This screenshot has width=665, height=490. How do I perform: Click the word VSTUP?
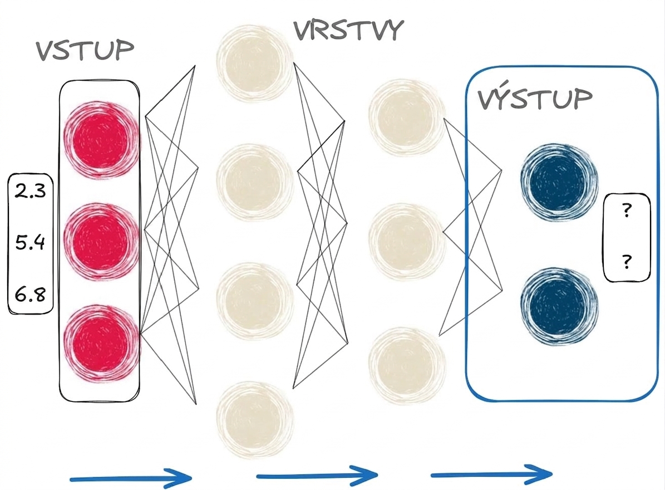(85, 51)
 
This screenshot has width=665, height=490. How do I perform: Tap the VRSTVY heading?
(348, 30)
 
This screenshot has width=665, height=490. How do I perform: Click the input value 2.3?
(30, 191)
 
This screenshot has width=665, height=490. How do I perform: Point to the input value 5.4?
(30, 242)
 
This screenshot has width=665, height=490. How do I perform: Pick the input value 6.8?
(30, 294)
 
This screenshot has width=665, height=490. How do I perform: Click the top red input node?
(101, 138)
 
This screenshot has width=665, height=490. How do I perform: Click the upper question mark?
(627, 210)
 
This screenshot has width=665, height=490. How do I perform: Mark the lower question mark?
(627, 261)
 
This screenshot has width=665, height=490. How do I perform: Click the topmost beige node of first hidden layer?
(254, 63)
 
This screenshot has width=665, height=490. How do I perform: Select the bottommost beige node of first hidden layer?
(254, 420)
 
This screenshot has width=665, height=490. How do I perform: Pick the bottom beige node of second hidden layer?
(407, 366)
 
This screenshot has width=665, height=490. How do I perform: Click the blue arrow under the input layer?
(131, 478)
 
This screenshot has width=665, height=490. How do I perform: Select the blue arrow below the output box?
(491, 474)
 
